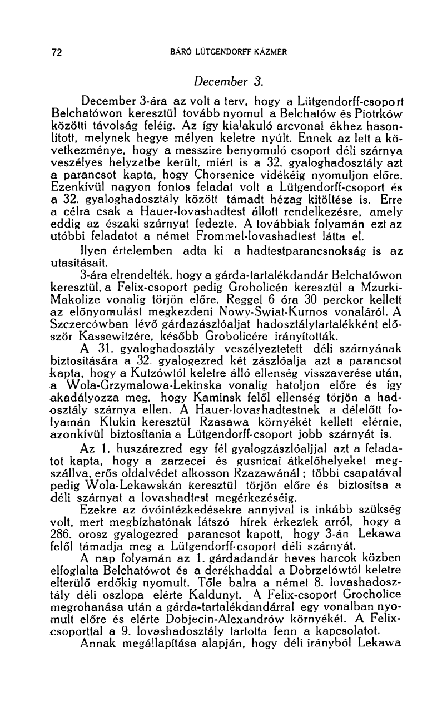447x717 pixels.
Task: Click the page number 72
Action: click(x=56, y=53)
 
